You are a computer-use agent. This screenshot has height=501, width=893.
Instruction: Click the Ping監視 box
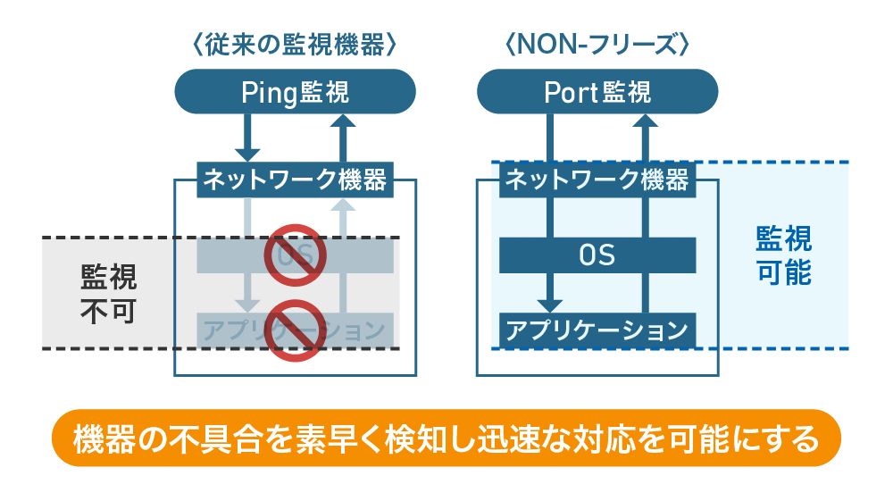pyautogui.click(x=295, y=92)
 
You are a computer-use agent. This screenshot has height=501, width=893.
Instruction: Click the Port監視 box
pyautogui.click(x=597, y=92)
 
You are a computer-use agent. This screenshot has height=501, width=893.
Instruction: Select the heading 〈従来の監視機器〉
pyautogui.click(x=295, y=46)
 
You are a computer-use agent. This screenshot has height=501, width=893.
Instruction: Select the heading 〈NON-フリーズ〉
pyautogui.click(x=597, y=46)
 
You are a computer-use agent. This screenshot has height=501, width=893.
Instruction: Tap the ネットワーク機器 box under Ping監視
pyautogui.click(x=295, y=180)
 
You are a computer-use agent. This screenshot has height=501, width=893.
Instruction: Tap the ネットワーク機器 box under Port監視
pyautogui.click(x=597, y=180)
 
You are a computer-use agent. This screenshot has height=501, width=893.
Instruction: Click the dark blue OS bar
pyautogui.click(x=597, y=255)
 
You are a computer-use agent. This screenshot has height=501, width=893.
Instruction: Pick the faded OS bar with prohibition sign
pyautogui.click(x=223, y=256)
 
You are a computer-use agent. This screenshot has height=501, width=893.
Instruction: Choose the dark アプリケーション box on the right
pyautogui.click(x=597, y=330)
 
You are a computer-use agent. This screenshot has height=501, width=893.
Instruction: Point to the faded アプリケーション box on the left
pyautogui.click(x=223, y=330)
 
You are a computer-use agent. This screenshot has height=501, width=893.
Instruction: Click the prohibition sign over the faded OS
pyautogui.click(x=295, y=253)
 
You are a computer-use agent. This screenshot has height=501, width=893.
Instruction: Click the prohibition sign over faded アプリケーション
pyautogui.click(x=295, y=329)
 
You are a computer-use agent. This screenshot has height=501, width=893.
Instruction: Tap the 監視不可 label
pyautogui.click(x=108, y=293)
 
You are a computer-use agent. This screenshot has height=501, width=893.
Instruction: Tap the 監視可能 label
pyautogui.click(x=784, y=255)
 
